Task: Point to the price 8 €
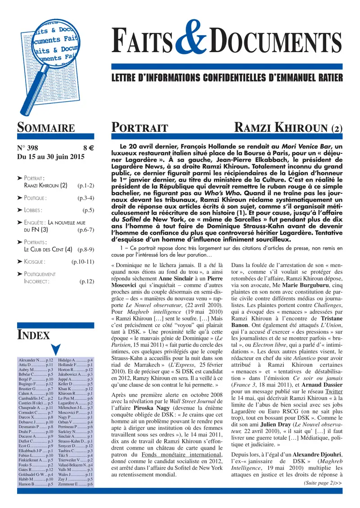pos(88,148)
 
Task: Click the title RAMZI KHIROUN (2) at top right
pos(288,128)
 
